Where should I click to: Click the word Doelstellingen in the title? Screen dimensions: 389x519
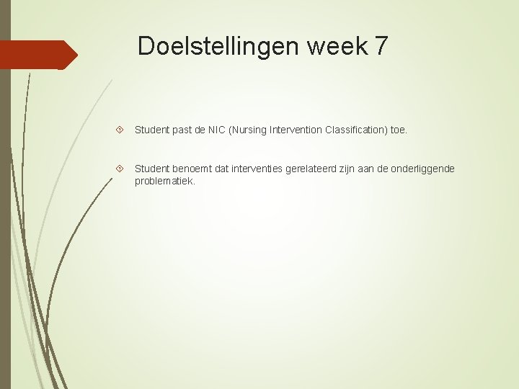coord(217,45)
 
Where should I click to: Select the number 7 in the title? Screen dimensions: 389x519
coord(381,45)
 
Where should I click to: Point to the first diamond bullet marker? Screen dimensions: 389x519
coord(120,130)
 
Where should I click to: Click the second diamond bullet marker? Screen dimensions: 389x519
coord(120,169)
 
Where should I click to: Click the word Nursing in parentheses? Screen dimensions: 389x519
coord(251,130)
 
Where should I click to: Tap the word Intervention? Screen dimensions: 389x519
coord(296,130)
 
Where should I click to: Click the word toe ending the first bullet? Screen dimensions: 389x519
coord(398,130)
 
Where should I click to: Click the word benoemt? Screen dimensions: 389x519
coord(195,169)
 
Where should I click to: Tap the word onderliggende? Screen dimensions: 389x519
coord(424,169)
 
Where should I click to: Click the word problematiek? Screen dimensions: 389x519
coord(164,181)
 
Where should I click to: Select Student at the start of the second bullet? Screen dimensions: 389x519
coord(151,169)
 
